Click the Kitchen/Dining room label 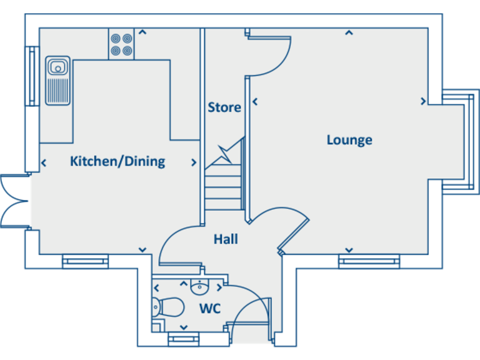pyautogui.click(x=117, y=161)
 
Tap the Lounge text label pyautogui.click(x=349, y=139)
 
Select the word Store pyautogui.click(x=224, y=107)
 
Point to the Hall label pyautogui.click(x=226, y=239)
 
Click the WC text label pyautogui.click(x=209, y=309)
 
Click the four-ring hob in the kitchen pyautogui.click(x=122, y=44)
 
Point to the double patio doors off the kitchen pyautogui.click(x=14, y=200)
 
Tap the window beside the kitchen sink pyautogui.click(x=31, y=75)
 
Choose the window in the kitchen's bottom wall pyautogui.click(x=86, y=260)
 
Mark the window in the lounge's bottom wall pyautogui.click(x=369, y=260)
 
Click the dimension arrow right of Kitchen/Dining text pyautogui.click(x=194, y=162)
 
